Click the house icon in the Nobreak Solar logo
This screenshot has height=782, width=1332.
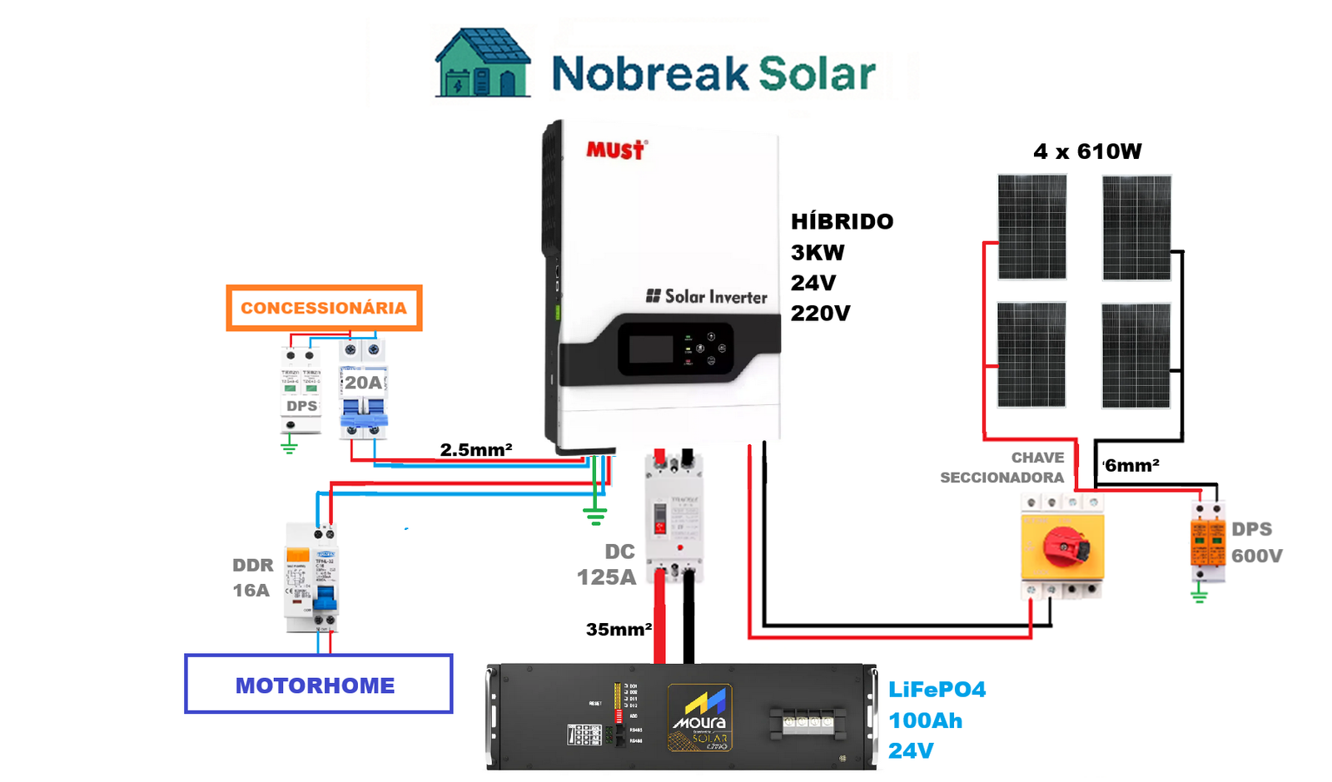pos(482,64)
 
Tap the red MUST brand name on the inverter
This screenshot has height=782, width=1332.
pos(615,150)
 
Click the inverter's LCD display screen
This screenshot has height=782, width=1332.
pos(651,349)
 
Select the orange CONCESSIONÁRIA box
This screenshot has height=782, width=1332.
pos(324,308)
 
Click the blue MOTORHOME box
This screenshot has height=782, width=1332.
pos(318,685)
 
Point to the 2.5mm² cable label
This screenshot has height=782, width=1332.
pos(475,450)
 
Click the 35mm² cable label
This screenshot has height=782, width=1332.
pos(618,630)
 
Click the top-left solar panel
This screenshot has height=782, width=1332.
pos(1031,227)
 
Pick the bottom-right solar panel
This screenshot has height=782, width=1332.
pos(1136,355)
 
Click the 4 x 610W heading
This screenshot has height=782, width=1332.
pos(1087,151)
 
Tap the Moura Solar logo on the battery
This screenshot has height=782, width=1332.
pos(699,717)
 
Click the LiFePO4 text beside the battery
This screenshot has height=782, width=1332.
pos(937,690)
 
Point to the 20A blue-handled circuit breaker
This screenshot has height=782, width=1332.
pos(364,391)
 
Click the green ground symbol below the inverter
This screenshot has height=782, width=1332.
pos(594,516)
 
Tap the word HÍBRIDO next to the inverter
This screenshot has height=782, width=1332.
pos(842,221)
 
